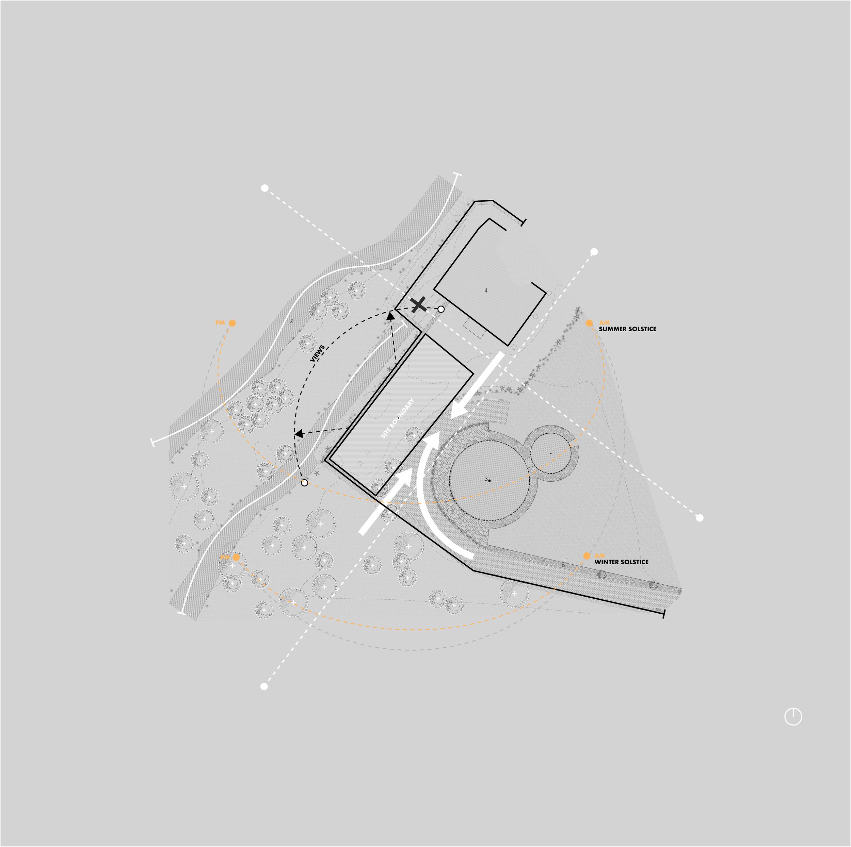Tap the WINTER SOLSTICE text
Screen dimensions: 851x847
(x=621, y=562)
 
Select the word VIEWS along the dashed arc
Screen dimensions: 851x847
(x=317, y=353)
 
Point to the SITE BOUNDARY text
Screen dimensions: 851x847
(x=398, y=418)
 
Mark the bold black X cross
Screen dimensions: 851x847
(x=418, y=305)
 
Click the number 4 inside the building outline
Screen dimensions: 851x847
(x=486, y=290)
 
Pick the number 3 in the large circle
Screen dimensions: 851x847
(x=486, y=479)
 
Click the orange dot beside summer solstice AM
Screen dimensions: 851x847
(x=589, y=323)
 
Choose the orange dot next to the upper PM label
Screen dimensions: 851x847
(x=232, y=323)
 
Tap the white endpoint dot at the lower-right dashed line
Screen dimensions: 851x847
(x=700, y=518)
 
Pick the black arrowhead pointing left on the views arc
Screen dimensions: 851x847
(x=299, y=434)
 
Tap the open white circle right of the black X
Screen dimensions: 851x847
(x=441, y=310)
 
